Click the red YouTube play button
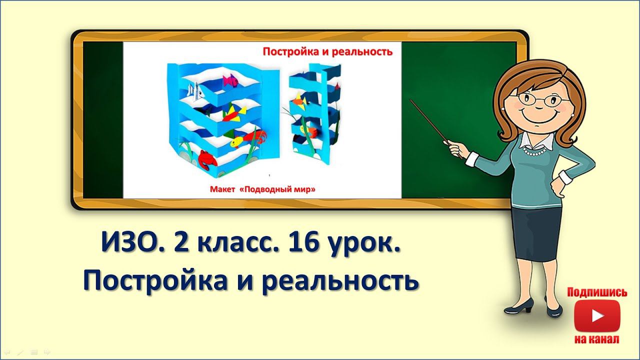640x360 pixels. coord(596,315)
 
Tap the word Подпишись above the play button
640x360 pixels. coord(597,292)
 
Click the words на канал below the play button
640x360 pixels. coord(596,339)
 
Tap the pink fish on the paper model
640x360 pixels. coord(230,80)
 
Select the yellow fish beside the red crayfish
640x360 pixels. coord(239,143)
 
